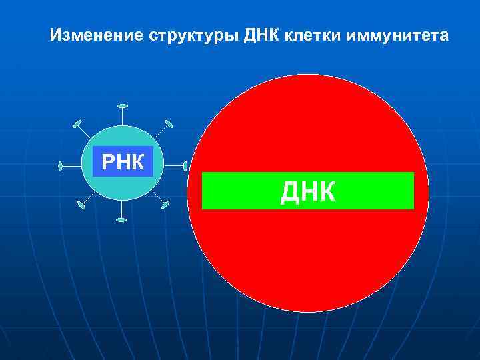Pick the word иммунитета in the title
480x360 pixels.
click(x=397, y=35)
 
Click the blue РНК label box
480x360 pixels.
click(x=122, y=161)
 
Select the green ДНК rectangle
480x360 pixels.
click(x=307, y=191)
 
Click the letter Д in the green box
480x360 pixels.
click(x=290, y=191)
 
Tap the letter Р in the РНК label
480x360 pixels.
click(x=108, y=161)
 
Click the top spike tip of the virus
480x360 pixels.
click(x=121, y=106)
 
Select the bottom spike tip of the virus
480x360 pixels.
click(x=121, y=219)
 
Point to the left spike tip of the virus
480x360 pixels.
click(x=60, y=165)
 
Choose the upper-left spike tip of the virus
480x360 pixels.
click(x=77, y=124)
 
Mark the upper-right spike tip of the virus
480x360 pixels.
click(x=169, y=123)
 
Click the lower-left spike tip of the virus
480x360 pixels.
click(x=81, y=205)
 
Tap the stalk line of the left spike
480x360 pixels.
click(x=71, y=165)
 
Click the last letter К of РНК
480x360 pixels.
click(x=138, y=161)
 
